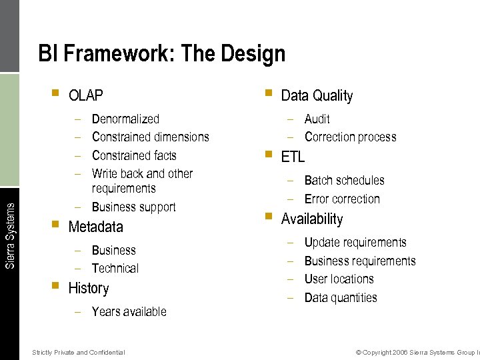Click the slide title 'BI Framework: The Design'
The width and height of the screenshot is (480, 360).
[x=161, y=53]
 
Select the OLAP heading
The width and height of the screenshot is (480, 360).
[x=85, y=95]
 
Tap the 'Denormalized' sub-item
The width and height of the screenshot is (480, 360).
[x=125, y=119]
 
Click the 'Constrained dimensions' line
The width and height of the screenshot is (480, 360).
[x=150, y=137]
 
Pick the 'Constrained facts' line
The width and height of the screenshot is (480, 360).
[x=134, y=155]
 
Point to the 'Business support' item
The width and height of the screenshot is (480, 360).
[x=133, y=207]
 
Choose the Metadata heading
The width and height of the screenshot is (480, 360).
[x=95, y=227]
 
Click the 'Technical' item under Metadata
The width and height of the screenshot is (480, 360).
[x=115, y=269]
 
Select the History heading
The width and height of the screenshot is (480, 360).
[x=88, y=288]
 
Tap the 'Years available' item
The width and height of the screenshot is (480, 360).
[x=129, y=311]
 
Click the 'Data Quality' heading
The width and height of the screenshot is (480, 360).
[x=317, y=95]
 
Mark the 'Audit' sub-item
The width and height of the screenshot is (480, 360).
[x=317, y=119]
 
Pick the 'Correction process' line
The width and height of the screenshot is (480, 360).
[x=350, y=137]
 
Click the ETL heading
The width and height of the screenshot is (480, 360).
[x=293, y=157]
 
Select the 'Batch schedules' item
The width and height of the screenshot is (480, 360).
[x=344, y=181]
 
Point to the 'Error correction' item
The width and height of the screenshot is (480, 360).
[x=341, y=199]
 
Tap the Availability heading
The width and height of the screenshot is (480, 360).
[x=311, y=219]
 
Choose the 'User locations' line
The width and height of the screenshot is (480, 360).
[x=339, y=279]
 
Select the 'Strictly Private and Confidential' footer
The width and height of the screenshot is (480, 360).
[x=78, y=352]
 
